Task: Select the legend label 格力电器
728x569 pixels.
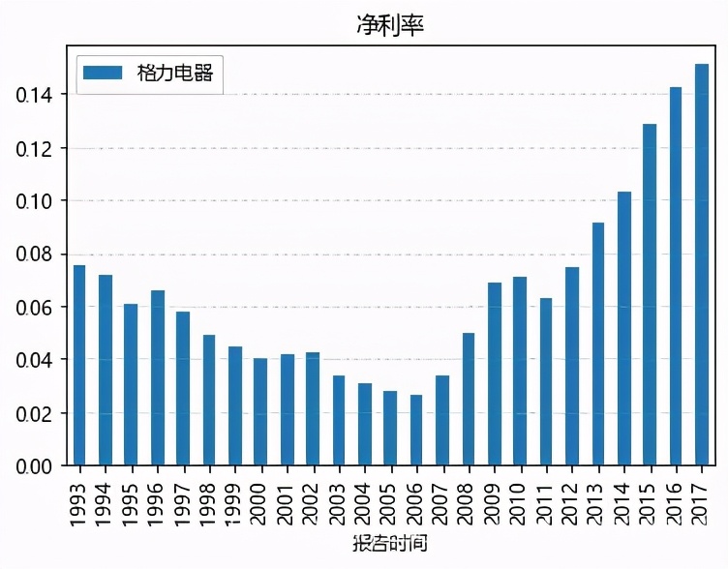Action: click(175, 73)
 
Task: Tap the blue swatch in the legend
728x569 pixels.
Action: click(103, 73)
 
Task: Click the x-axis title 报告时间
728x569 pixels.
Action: click(389, 543)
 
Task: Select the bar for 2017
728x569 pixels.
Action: click(701, 265)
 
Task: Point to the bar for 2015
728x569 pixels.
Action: click(650, 295)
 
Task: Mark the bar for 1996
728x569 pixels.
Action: click(157, 378)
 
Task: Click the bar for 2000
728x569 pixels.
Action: click(260, 412)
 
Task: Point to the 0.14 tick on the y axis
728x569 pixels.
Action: click(36, 95)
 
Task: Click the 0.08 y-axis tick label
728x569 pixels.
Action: click(36, 255)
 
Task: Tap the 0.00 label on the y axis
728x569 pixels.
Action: click(36, 466)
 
